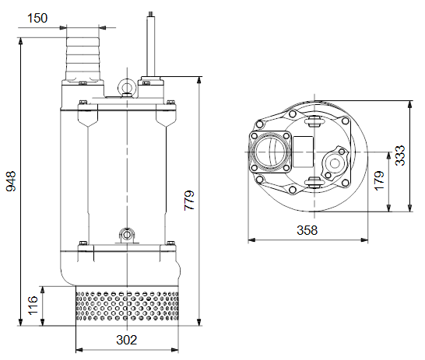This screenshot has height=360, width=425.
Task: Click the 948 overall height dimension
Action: tap(12, 181)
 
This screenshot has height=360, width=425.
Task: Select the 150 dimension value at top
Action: tap(37, 18)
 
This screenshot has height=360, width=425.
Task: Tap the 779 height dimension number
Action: tap(189, 201)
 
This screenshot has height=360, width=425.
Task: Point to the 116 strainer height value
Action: tap(33, 306)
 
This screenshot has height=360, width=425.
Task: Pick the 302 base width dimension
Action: tap(127, 340)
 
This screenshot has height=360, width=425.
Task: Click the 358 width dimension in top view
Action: tap(307, 230)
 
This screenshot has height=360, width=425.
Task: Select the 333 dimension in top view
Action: tap(400, 156)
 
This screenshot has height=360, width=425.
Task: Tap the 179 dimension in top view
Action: tap(379, 181)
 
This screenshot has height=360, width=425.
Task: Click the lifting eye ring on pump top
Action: tap(127, 80)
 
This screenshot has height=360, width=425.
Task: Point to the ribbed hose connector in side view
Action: tap(83, 58)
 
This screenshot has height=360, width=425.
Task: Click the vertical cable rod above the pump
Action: tap(151, 44)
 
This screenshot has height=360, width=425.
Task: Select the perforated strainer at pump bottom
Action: tap(127, 306)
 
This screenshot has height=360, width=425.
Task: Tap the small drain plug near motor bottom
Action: tap(127, 234)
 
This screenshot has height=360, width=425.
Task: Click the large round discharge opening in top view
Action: tap(269, 152)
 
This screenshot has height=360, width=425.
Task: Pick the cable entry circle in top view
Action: tap(335, 163)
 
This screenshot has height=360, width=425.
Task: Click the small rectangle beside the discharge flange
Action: tap(303, 152)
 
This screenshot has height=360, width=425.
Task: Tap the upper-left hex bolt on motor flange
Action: tap(83, 103)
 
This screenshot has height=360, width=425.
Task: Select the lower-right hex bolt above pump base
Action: tap(170, 243)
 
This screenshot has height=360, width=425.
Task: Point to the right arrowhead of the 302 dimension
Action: tap(175, 350)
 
